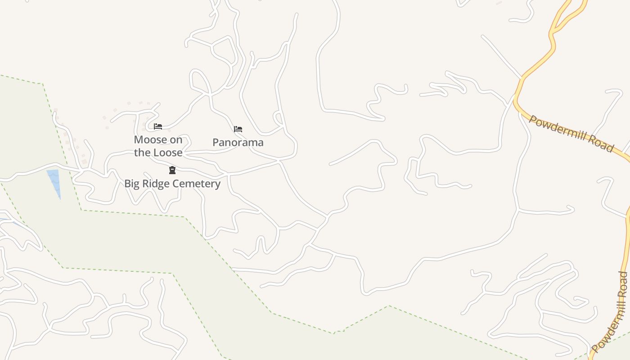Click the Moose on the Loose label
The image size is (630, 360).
[158, 146]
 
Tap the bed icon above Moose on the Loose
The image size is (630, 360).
[158, 126]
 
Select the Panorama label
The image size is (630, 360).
[238, 142]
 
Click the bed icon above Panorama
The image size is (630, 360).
[238, 129]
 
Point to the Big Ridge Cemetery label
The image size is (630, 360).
[172, 184]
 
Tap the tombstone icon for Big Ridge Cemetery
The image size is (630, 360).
[172, 170]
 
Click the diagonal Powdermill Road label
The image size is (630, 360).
[571, 134]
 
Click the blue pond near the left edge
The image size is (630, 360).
[54, 180]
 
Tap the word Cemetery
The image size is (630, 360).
[199, 184]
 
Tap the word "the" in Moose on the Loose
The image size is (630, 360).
[142, 153]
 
